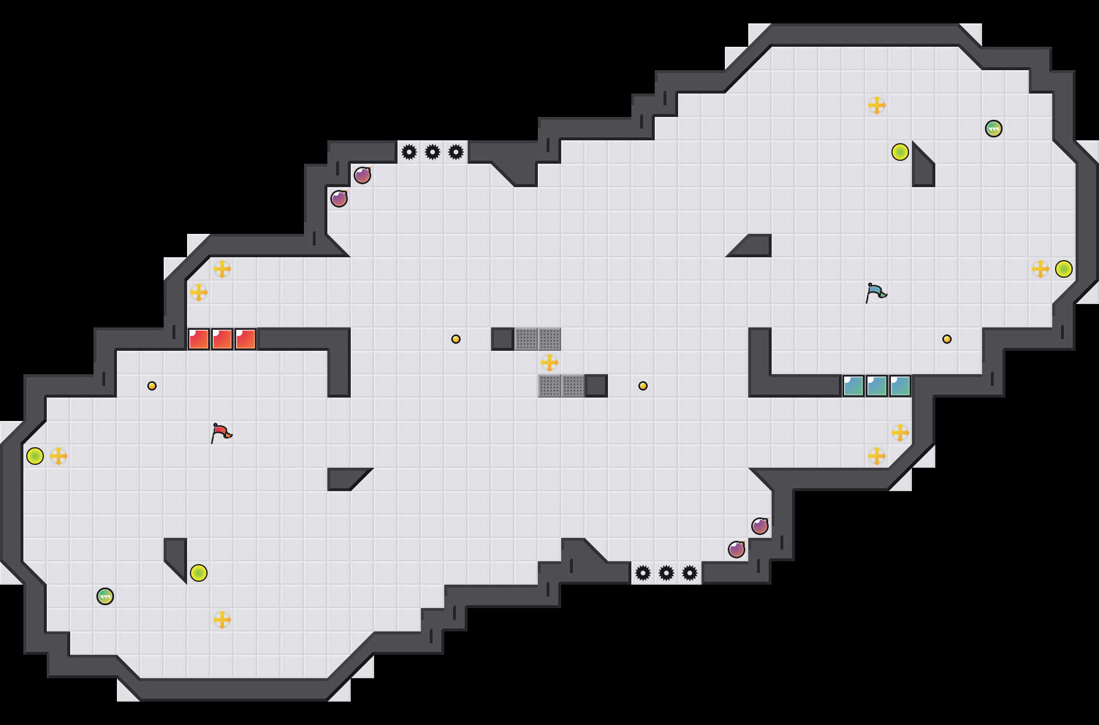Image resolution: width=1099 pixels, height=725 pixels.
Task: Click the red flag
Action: (x=220, y=433)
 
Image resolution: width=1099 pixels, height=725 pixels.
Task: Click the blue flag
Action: (x=875, y=292)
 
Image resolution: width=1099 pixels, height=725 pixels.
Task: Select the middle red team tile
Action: (x=222, y=339)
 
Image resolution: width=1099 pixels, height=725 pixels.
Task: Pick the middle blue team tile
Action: (x=877, y=386)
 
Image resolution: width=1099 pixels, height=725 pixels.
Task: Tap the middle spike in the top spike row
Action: (x=433, y=152)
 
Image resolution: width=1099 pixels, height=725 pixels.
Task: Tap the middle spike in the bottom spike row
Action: (x=666, y=573)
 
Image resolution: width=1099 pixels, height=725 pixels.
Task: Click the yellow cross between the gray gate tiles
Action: (x=549, y=362)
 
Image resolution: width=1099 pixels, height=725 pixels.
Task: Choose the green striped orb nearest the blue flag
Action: (x=994, y=129)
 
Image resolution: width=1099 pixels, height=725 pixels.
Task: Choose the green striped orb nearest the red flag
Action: (x=105, y=596)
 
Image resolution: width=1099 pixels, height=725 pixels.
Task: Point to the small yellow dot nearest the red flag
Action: (x=152, y=386)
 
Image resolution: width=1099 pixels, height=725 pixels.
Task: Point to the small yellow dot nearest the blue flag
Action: (x=947, y=339)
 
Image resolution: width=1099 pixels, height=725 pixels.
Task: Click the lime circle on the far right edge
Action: (x=1064, y=269)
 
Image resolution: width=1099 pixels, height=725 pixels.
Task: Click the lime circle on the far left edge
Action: (x=35, y=456)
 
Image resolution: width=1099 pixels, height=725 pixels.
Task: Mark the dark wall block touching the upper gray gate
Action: (x=503, y=339)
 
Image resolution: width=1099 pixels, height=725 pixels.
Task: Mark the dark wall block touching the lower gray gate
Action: (x=596, y=386)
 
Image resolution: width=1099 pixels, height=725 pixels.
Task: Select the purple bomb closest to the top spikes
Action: (x=362, y=175)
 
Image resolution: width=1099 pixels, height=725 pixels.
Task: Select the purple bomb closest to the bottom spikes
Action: (x=737, y=550)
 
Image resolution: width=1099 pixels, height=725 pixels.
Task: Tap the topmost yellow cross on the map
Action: (x=877, y=105)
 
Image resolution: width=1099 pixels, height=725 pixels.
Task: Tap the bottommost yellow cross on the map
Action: (x=222, y=620)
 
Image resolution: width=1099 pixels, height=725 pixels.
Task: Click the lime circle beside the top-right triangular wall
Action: (x=900, y=152)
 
